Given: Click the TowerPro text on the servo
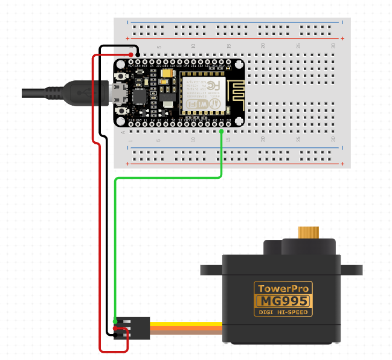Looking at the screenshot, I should tap(283, 288).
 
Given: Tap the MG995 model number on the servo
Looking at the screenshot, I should tap(283, 301).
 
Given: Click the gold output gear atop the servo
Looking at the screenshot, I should tap(309, 233).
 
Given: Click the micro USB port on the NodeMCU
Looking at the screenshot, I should tap(117, 94).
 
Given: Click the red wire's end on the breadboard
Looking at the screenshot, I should tap(131, 55).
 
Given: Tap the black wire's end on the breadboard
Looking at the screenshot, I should tap(138, 55).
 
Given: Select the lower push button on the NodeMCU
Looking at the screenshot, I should tap(123, 112).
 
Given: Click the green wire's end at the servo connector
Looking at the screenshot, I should tap(115, 321).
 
